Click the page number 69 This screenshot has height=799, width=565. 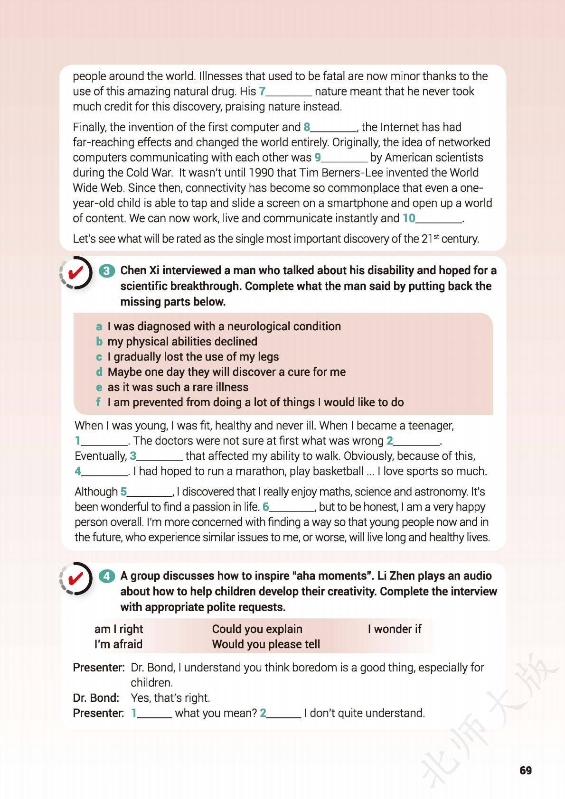(526, 770)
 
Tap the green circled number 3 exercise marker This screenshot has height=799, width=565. (107, 271)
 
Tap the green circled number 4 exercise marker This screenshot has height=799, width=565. (107, 576)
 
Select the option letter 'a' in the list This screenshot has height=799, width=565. (99, 326)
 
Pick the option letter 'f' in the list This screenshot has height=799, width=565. (98, 402)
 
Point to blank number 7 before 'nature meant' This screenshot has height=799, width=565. (285, 92)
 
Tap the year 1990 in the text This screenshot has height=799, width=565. (261, 173)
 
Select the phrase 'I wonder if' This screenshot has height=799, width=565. (394, 629)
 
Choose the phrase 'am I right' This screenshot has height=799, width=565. (119, 629)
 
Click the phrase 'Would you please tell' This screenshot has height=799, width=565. (266, 644)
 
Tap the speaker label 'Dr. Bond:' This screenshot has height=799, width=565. (96, 698)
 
